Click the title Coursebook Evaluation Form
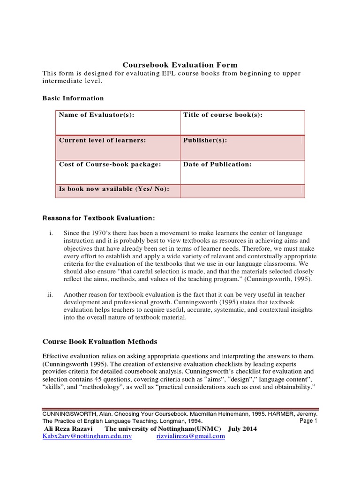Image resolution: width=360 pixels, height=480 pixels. point(180,65)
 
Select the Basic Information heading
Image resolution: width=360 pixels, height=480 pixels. point(73,98)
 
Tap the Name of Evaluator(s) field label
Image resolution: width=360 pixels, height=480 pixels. point(97,115)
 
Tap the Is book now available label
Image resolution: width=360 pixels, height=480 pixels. point(114,189)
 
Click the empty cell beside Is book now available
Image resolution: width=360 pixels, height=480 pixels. point(242,191)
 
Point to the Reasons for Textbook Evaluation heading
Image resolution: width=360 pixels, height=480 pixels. point(98,218)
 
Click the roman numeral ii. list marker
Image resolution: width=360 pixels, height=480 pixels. point(51,295)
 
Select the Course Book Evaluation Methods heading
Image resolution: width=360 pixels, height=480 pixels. point(100,341)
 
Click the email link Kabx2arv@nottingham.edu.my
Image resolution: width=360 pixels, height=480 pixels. point(87,436)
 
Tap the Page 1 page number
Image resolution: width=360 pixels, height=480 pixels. point(308,421)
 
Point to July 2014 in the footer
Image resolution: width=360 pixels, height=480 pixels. point(242,429)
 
